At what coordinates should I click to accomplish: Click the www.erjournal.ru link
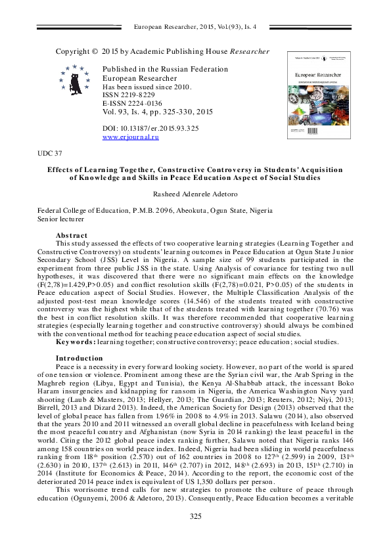(131, 137)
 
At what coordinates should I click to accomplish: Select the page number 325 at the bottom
(195, 536)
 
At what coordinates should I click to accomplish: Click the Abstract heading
(72, 234)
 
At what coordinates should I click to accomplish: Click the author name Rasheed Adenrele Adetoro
(195, 195)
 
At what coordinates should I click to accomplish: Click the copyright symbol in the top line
(95, 51)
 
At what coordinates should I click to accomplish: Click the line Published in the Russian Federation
(160, 70)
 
